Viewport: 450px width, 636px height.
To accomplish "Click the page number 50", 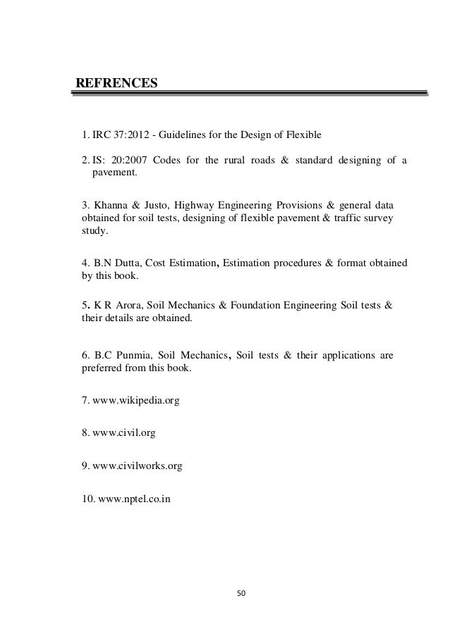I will (x=243, y=592).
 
